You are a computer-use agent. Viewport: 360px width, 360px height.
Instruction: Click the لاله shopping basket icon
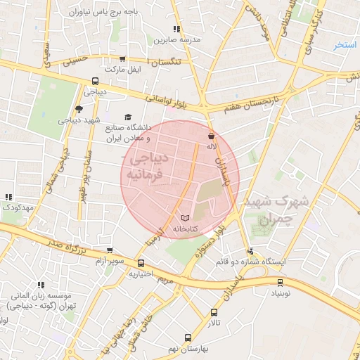click(212, 135)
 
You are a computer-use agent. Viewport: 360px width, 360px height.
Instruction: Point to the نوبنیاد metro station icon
click(281, 283)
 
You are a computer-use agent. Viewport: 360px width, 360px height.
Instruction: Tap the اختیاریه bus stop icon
click(141, 264)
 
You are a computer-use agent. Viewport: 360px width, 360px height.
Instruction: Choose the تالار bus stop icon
click(214, 313)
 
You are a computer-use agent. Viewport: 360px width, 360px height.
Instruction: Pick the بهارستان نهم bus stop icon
click(187, 337)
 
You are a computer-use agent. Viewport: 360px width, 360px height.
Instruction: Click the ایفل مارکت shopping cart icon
click(123, 60)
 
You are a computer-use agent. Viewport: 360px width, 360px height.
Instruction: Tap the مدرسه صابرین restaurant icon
click(176, 29)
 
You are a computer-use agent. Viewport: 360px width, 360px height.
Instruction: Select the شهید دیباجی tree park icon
click(78, 109)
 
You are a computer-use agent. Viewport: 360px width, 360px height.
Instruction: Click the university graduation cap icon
click(127, 117)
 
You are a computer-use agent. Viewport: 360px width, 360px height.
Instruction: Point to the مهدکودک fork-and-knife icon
click(8, 198)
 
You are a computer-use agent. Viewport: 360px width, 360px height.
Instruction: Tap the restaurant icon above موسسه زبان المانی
click(41, 285)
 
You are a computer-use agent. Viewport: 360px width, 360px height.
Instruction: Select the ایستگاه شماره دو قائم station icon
click(250, 251)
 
